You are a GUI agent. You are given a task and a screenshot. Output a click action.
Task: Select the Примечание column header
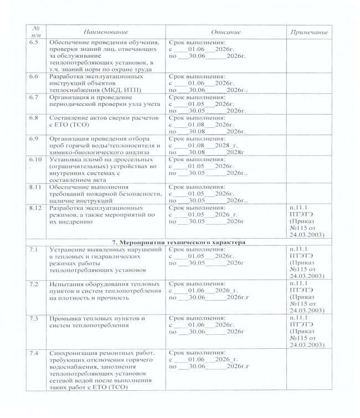[x=308, y=33]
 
